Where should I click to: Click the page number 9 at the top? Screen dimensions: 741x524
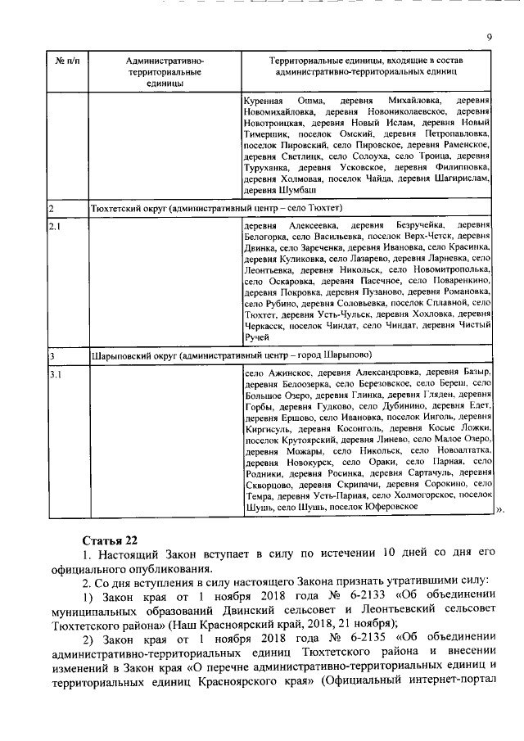pos(489,36)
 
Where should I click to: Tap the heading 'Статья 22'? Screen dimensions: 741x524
pos(110,540)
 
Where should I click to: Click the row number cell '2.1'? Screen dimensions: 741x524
pos(56,225)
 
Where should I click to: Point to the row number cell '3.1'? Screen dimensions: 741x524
pos(56,374)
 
